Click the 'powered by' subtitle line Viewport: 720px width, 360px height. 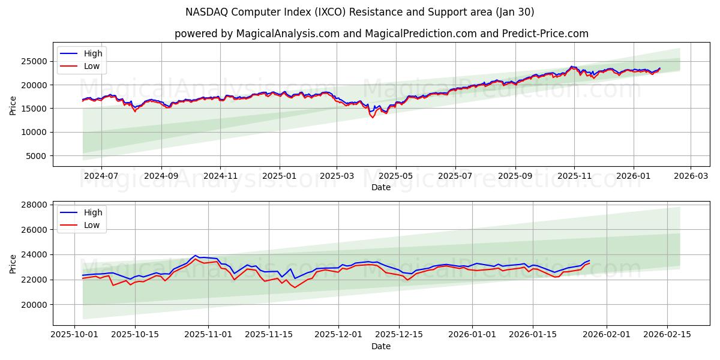coord(381,34)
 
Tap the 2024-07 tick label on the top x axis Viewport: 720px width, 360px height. coord(101,176)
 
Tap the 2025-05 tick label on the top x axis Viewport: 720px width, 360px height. coord(396,176)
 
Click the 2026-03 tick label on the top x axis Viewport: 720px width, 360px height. coord(691,176)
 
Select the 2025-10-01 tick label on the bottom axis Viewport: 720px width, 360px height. coord(74,335)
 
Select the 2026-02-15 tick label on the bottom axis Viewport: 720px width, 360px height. coord(668,335)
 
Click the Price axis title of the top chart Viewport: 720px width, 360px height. coord(13,104)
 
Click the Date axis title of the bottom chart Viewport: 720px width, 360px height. coord(381,346)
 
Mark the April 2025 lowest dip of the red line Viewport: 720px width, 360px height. coord(373,117)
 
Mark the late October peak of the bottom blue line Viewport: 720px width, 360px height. coord(196,256)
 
